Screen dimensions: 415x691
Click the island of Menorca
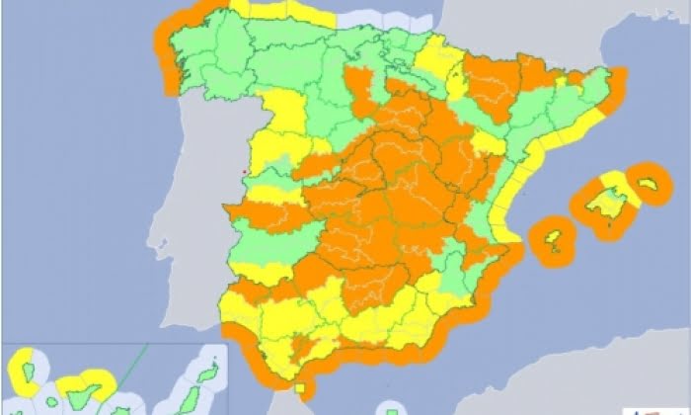pyautogui.click(x=648, y=185)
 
